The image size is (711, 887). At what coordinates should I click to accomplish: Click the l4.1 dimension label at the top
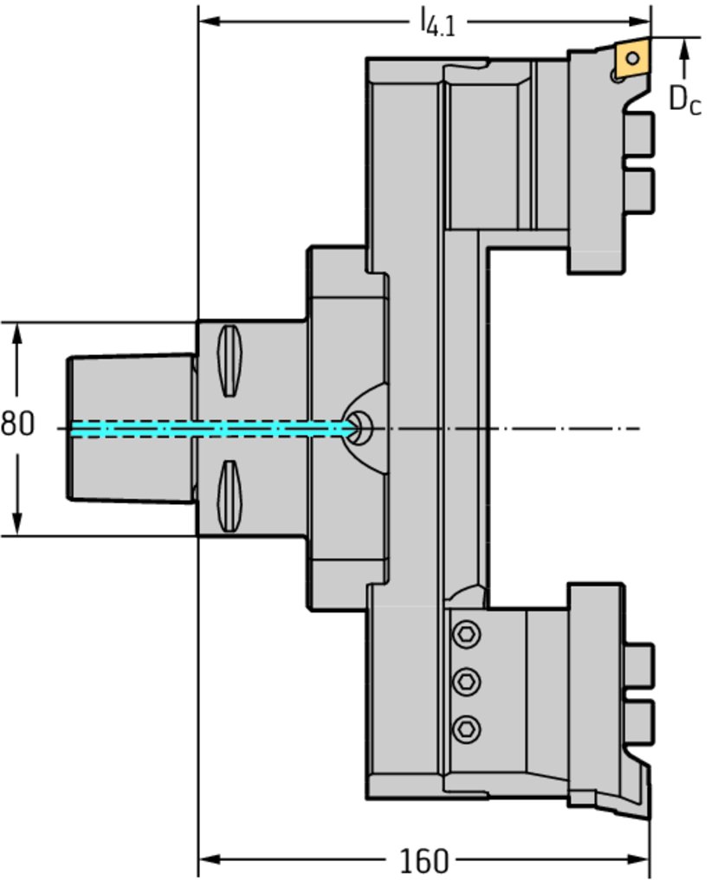(437, 22)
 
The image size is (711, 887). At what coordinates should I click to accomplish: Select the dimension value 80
(17, 425)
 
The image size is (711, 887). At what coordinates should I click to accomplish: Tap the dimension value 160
(424, 862)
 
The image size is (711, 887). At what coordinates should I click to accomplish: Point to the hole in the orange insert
(633, 58)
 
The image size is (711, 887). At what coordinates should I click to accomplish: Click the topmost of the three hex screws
(469, 636)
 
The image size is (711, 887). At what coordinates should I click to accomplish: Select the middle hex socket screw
(469, 681)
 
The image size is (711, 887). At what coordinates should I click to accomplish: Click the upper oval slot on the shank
(229, 361)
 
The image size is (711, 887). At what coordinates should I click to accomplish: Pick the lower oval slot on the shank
(229, 496)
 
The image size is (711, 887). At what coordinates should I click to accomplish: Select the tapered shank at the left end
(130, 427)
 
